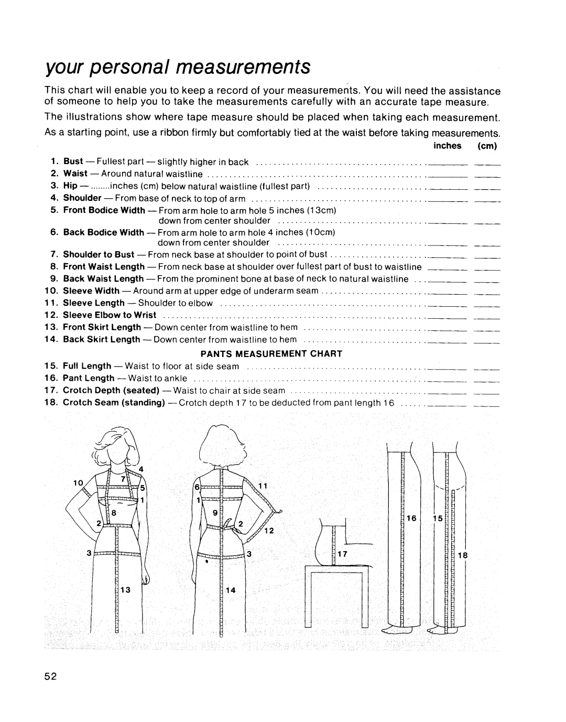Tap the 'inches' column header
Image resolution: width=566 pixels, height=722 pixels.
point(447,146)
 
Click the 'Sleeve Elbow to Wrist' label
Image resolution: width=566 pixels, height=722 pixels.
point(110,315)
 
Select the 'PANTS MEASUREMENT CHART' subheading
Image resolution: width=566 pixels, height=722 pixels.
point(281,353)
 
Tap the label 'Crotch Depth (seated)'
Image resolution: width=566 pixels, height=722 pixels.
point(111,390)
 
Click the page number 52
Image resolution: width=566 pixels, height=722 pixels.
point(50,675)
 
